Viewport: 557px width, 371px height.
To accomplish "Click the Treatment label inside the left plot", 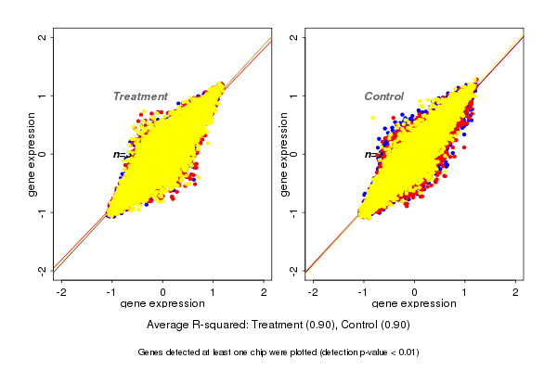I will point(140,96).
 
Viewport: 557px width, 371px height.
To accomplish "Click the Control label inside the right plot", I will point(383,96).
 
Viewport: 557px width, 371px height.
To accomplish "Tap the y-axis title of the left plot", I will point(32,154).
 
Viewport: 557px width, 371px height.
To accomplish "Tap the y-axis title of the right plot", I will point(285,154).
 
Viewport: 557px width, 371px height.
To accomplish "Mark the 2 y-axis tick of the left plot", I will point(44,38).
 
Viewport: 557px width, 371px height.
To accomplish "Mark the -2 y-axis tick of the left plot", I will point(44,269).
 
